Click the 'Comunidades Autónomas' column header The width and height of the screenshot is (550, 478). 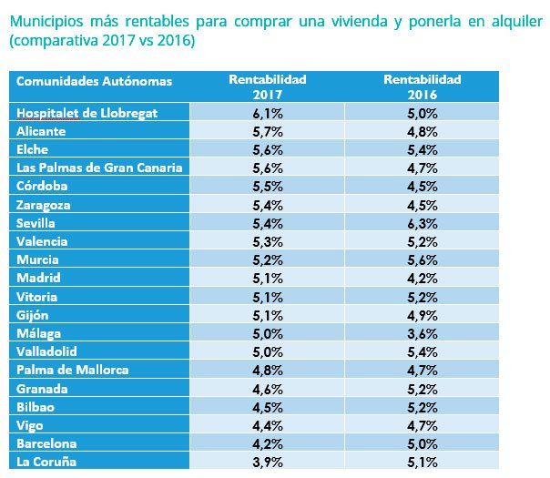tap(93, 81)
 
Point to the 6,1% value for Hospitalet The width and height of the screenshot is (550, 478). tap(267, 112)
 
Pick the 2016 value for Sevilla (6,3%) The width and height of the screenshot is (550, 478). tap(423, 222)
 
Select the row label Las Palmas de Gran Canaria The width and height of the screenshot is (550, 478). tap(99, 168)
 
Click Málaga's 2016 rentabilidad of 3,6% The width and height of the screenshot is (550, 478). tap(423, 333)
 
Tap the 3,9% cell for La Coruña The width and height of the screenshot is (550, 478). tap(267, 463)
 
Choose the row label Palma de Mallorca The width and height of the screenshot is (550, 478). tap(72, 370)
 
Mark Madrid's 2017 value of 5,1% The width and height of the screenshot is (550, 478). tap(267, 278)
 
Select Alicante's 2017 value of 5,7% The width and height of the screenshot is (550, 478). tap(267, 130)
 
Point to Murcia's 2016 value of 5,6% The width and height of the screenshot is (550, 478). tap(423, 259)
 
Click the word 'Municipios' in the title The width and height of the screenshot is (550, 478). tap(42, 21)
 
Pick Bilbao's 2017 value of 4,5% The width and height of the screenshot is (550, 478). tap(267, 407)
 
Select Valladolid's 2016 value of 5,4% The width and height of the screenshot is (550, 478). tap(423, 351)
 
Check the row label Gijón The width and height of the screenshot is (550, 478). tap(33, 315)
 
